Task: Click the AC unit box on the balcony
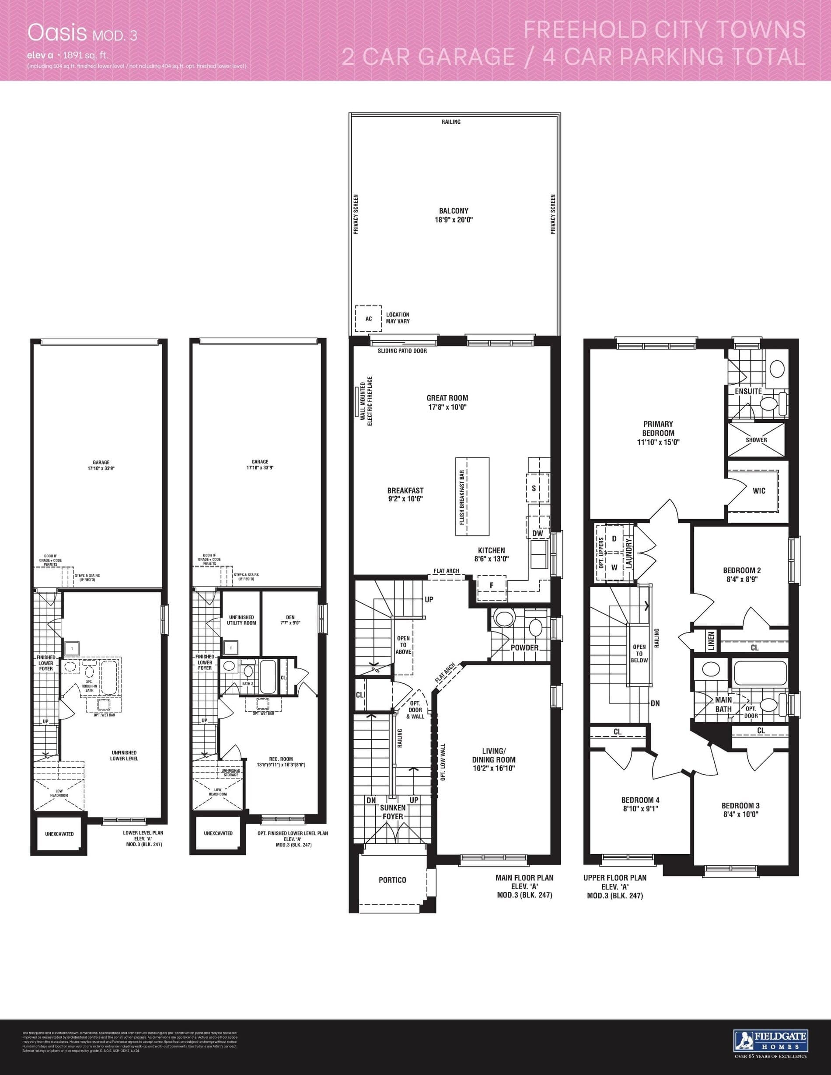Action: (368, 318)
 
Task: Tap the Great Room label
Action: (447, 398)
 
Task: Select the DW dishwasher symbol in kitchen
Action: (538, 533)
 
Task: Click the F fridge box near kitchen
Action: (491, 585)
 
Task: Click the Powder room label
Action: (524, 648)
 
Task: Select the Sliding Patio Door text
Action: (402, 351)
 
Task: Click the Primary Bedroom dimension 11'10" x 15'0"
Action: (658, 442)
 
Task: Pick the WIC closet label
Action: (759, 491)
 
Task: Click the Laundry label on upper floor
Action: (628, 553)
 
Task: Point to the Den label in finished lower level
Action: (290, 617)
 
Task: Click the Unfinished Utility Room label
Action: (241, 620)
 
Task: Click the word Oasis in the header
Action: (56, 32)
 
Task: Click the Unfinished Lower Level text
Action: (124, 755)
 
